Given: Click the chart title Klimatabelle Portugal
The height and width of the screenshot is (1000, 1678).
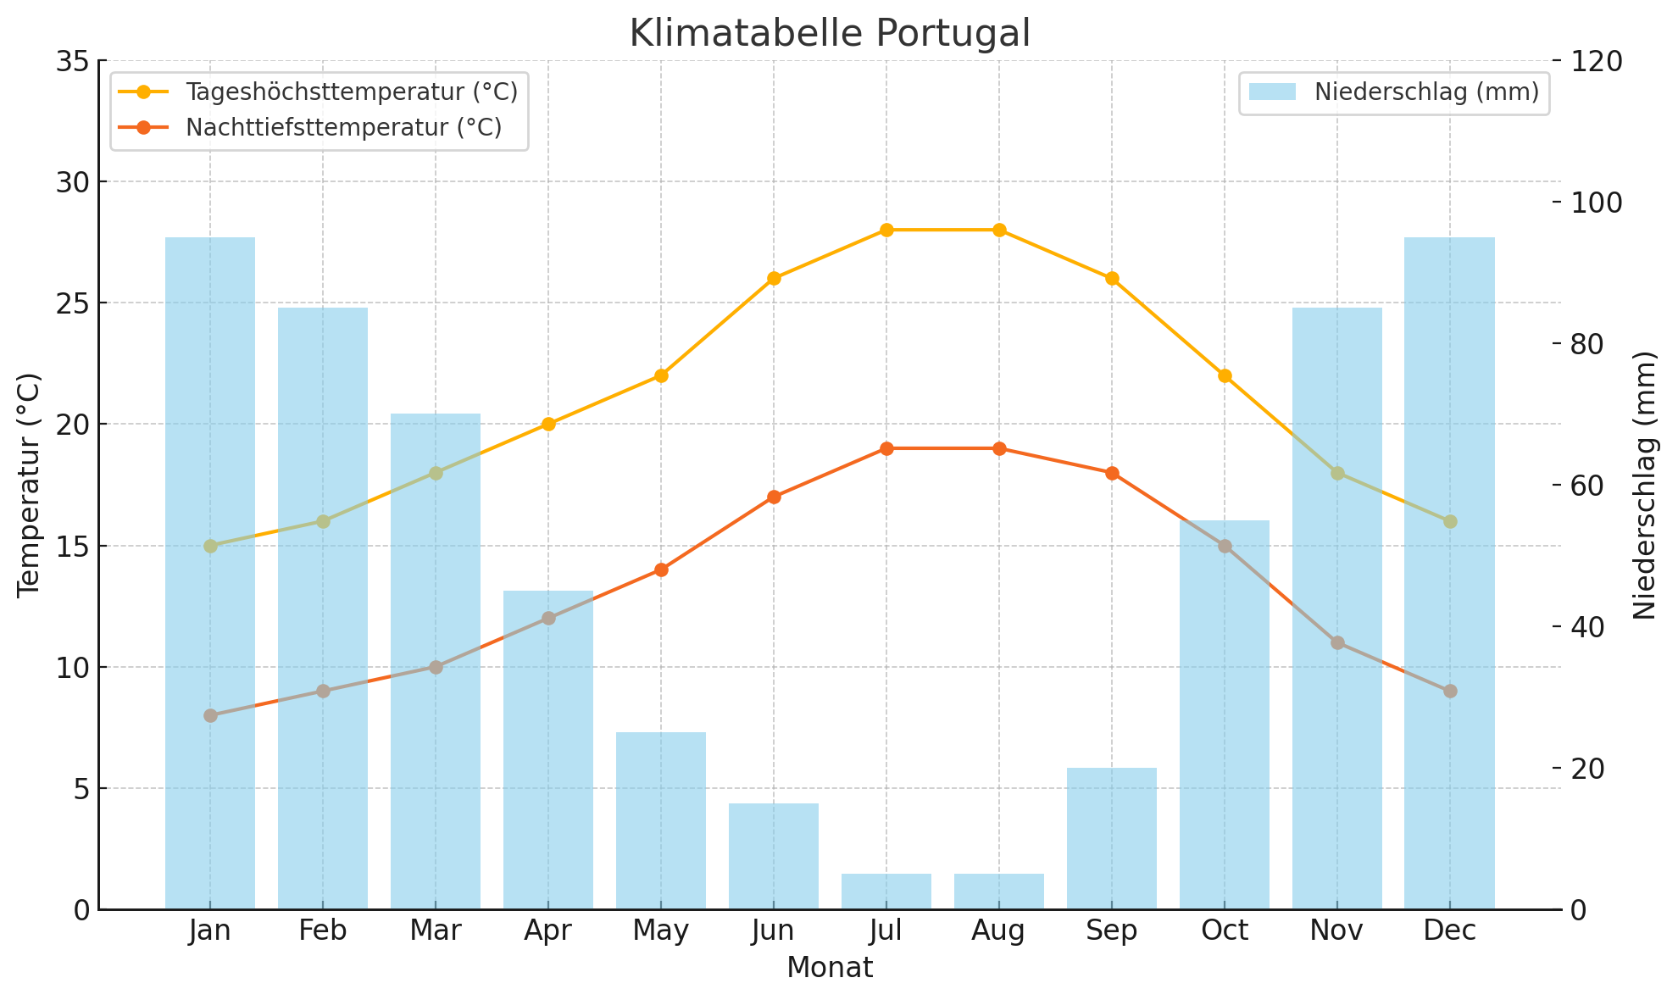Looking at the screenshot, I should pos(830,34).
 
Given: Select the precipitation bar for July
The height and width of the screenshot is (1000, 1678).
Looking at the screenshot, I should pos(886,892).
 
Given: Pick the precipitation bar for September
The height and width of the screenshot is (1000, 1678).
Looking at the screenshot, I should pos(1112,838).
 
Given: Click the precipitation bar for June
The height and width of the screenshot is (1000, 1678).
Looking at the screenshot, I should pos(774,856).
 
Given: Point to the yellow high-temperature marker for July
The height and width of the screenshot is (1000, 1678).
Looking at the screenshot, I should pos(886,230).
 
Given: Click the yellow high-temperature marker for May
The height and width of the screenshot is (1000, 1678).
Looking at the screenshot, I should pos(661,375).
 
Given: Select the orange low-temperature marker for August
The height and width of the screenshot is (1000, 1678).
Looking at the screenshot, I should pos(999,448).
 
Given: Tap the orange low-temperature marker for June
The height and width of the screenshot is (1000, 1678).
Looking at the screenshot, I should pos(774,497).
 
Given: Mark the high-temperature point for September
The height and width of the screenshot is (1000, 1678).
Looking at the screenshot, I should pos(1112,278).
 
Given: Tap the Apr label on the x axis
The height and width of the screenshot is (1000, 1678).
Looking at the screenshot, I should pos(548,931).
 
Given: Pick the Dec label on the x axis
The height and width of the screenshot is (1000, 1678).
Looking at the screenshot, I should pos(1450,931).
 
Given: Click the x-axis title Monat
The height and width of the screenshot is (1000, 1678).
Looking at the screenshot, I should pos(830,968).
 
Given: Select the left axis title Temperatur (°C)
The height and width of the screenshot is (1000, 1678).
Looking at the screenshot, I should pos(29,485).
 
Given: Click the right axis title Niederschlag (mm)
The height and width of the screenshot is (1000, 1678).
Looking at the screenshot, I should pos(1644,485).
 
